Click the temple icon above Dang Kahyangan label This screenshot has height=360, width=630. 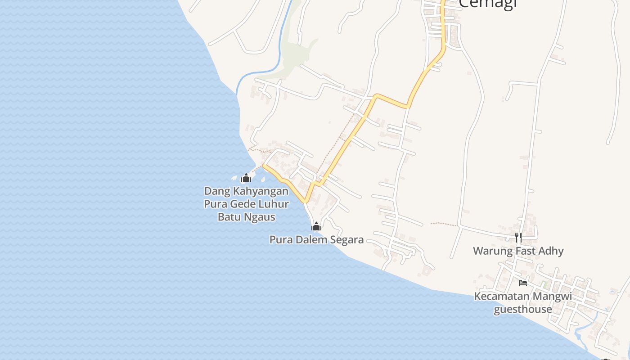click(246, 178)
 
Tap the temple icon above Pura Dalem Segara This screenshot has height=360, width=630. click(316, 226)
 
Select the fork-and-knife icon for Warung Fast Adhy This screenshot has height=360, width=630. click(518, 237)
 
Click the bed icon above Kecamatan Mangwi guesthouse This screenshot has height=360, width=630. click(522, 283)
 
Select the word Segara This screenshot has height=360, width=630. click(346, 239)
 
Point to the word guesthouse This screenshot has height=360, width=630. click(523, 309)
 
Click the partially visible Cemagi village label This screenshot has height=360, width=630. click(488, 4)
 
